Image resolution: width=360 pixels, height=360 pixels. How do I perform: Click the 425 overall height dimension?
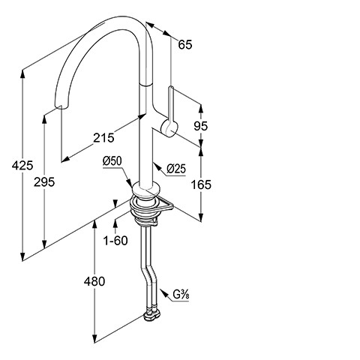(x=22, y=166)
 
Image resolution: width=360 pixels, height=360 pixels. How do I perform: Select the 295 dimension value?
(x=44, y=181)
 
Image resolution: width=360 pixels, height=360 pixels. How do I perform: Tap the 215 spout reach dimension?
(x=103, y=138)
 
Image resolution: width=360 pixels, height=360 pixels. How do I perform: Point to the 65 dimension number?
(x=185, y=44)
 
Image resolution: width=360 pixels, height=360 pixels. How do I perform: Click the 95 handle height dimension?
(x=201, y=126)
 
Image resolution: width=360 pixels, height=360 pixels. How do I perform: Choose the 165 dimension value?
(x=201, y=184)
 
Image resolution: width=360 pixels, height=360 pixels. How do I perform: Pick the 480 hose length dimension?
(x=94, y=281)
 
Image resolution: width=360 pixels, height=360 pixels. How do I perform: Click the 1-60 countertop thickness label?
(x=115, y=241)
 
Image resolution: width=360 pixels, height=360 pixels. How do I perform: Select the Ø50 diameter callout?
(x=112, y=161)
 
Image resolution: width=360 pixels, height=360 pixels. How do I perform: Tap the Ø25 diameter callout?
(x=176, y=169)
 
